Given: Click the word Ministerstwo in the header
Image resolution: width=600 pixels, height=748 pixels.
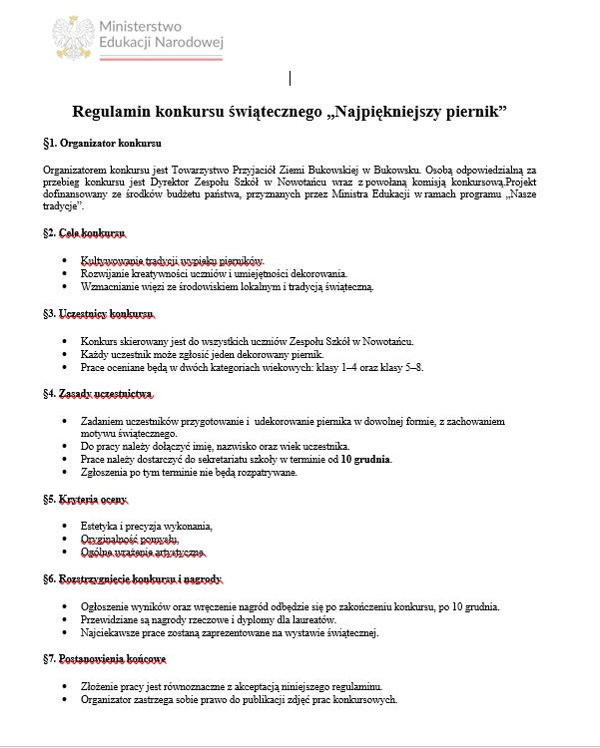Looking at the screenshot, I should tap(138, 24).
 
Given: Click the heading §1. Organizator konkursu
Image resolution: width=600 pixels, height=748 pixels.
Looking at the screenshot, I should tap(102, 143).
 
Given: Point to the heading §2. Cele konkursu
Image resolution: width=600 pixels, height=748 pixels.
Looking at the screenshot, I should tap(86, 232).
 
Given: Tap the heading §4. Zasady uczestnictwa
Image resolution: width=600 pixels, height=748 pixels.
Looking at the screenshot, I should tap(104, 394).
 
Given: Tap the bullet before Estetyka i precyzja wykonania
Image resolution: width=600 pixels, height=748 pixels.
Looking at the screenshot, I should tap(66, 526).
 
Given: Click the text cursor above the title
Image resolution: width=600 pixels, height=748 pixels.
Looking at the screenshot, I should tap(291, 77).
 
